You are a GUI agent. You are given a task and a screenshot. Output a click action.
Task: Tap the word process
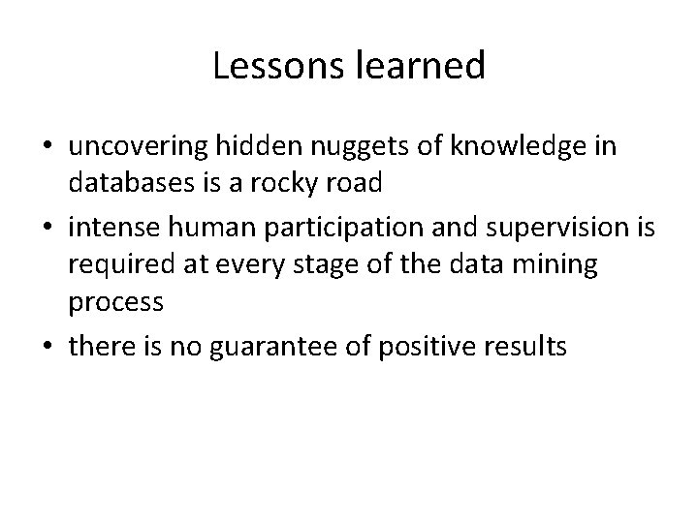[x=116, y=301]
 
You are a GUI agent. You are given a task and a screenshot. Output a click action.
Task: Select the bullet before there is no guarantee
[x=47, y=345]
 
